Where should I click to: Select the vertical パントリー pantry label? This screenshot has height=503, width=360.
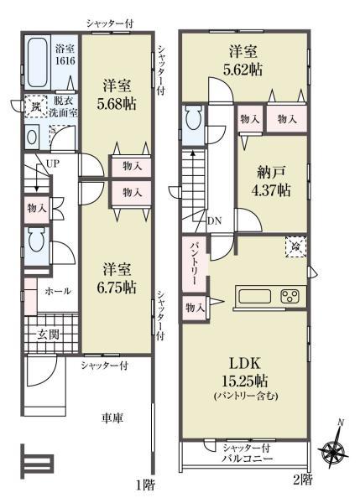click(190, 267)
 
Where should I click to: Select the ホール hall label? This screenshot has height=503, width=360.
click(59, 291)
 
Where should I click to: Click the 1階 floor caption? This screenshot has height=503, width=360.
click(144, 485)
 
